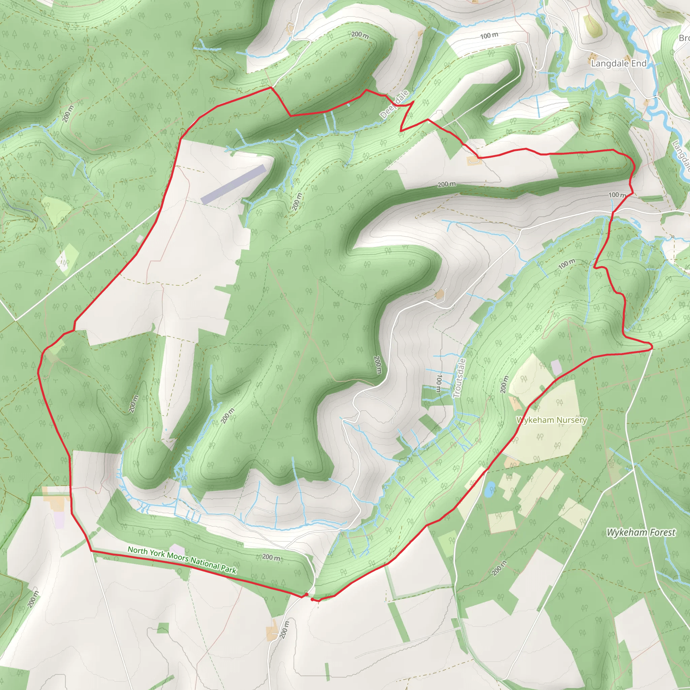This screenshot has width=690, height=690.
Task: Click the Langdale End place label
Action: click(x=619, y=64)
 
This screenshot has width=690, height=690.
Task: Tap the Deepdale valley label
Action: click(x=394, y=105)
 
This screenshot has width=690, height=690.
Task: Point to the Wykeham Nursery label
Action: click(x=552, y=420)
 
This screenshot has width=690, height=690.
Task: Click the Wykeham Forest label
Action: click(x=641, y=533)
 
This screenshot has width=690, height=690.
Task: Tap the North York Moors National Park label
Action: click(x=182, y=560)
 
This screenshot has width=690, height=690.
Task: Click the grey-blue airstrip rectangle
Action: click(x=233, y=184)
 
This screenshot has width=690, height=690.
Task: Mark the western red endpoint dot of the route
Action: click(x=307, y=594)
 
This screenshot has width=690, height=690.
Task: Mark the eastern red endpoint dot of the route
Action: click(x=313, y=599)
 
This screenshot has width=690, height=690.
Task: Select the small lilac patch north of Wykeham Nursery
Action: click(x=556, y=368)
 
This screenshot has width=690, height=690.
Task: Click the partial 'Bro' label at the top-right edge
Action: click(x=684, y=38)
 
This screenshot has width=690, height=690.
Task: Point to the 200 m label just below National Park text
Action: click(x=272, y=557)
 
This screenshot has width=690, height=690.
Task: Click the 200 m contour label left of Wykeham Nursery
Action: click(x=504, y=385)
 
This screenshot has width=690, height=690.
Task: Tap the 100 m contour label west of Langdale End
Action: click(x=489, y=35)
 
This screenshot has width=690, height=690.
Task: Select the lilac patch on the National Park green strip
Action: click(x=177, y=550)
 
